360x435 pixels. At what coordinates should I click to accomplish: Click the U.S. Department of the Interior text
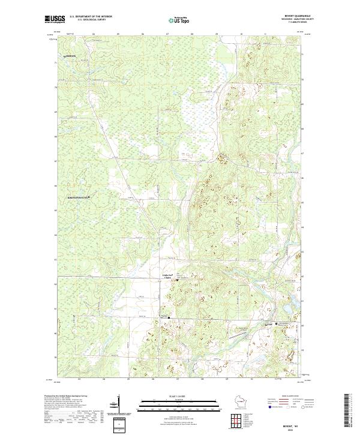click(91, 16)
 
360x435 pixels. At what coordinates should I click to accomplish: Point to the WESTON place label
click(70, 56)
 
